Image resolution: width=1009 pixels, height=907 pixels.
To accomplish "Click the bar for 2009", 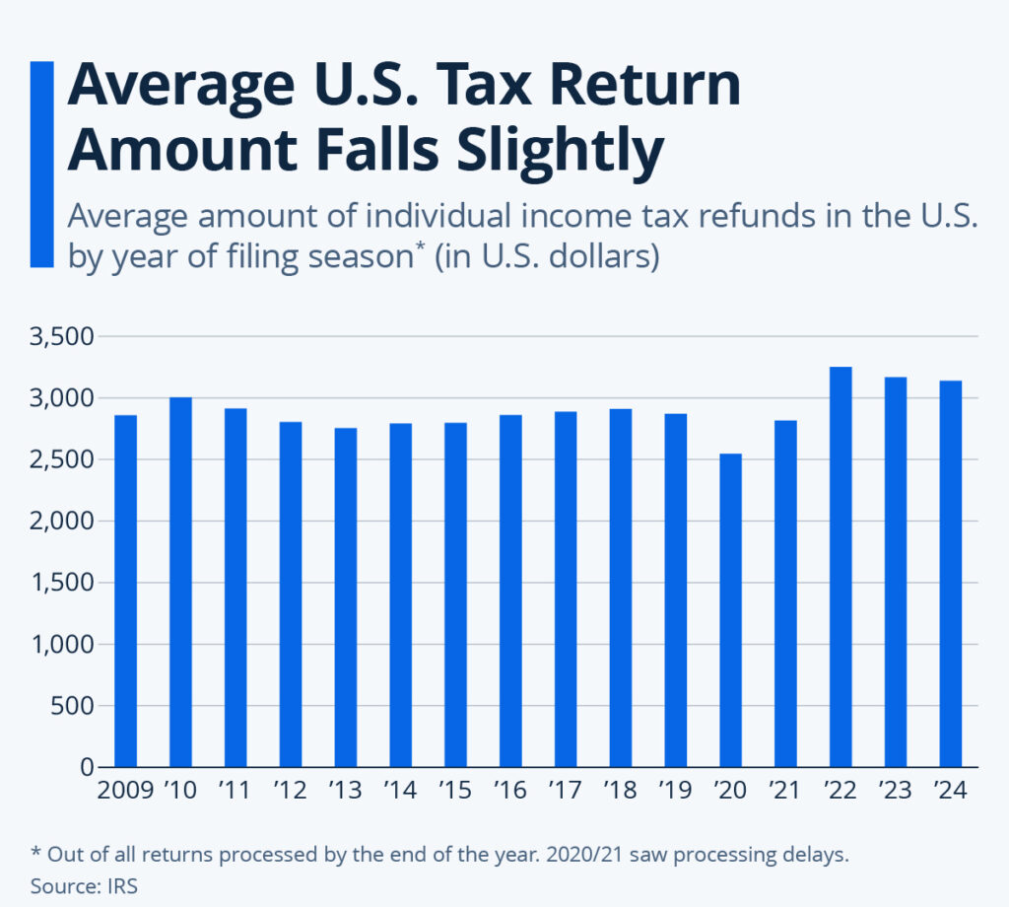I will coord(125,592).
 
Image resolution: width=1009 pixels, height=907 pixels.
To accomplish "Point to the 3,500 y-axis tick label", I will coord(61,337).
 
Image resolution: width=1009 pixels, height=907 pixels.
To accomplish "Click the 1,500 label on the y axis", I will coord(61,583).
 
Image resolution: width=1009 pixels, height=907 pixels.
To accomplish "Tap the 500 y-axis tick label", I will coord(74,706).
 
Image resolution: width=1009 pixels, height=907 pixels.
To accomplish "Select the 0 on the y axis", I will coord(87,767).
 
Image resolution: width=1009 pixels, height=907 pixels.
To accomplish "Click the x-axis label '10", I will coord(180,792).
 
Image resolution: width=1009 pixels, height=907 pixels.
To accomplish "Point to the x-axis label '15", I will coord(455,792).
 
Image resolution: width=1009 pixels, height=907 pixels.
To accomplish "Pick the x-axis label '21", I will coord(785,792).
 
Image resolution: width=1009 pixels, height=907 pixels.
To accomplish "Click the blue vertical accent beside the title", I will coord(42,164).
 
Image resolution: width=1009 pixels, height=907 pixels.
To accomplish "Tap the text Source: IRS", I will coord(84,886).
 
